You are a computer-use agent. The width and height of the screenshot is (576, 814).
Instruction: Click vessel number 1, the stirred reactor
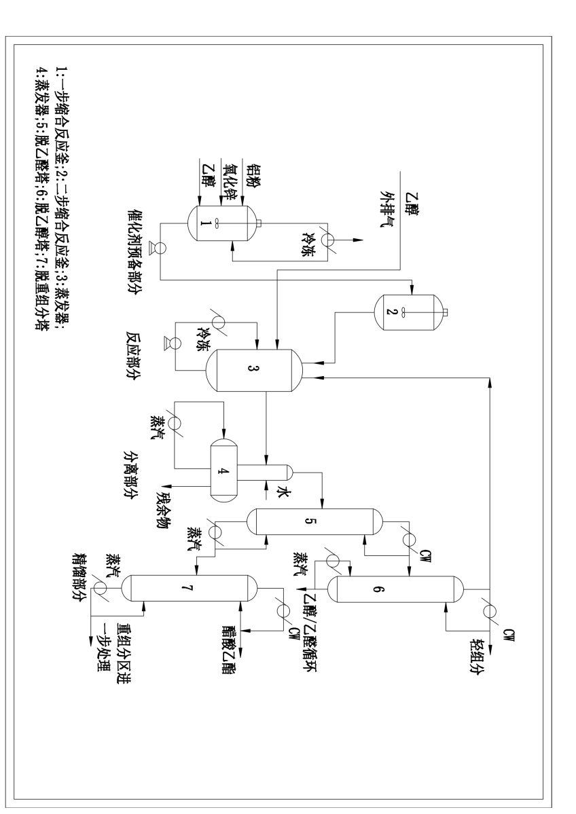(218, 221)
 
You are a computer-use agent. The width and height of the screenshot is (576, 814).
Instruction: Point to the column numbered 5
(314, 522)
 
